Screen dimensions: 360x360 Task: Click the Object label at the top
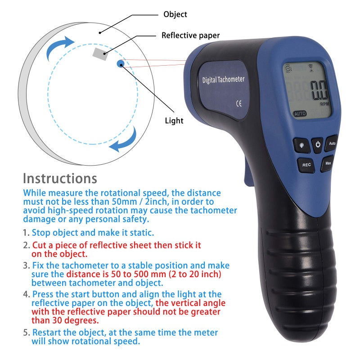click(x=175, y=14)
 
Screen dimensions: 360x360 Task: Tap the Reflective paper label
click(x=191, y=35)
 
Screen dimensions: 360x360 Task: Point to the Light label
click(x=174, y=121)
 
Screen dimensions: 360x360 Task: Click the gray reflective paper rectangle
click(x=100, y=54)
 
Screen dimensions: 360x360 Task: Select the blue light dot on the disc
click(x=121, y=64)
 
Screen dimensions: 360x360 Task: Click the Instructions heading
click(x=60, y=178)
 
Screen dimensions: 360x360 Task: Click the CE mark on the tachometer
click(x=239, y=102)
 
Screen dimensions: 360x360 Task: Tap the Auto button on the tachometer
click(x=332, y=144)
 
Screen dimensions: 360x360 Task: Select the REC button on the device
click(x=306, y=165)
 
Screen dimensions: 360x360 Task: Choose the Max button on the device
click(x=328, y=163)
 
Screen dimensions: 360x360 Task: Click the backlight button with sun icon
click(x=301, y=145)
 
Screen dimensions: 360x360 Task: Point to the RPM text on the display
click(x=324, y=104)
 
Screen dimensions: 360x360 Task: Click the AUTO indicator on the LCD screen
click(x=300, y=114)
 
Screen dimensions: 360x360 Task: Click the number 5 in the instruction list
click(x=25, y=333)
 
